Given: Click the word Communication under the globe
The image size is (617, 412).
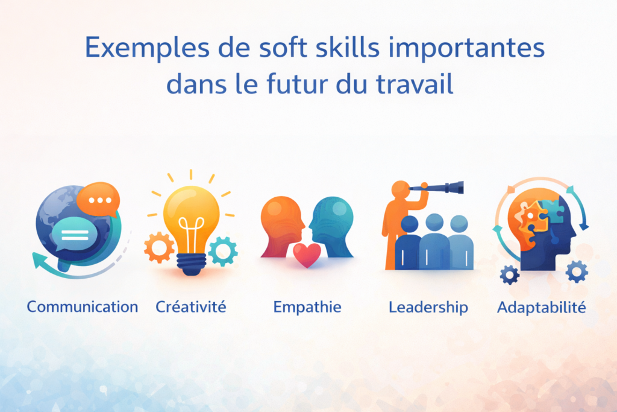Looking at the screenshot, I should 83,306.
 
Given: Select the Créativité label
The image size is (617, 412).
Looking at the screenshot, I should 191,306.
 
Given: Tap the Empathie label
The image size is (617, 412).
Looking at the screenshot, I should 307,306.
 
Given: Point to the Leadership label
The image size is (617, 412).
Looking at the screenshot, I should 428,306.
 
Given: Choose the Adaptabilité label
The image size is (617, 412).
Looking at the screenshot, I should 541,306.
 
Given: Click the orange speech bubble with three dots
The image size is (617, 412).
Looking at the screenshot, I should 99,198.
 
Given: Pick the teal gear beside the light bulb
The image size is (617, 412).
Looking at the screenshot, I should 223,250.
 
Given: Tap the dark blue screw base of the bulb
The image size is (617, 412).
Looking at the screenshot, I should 190,265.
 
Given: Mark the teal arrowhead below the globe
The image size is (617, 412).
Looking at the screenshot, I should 40,261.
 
